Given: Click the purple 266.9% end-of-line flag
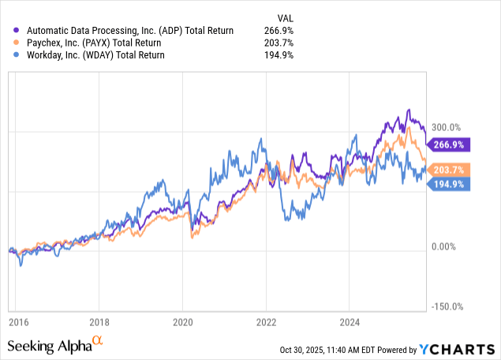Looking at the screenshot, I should pos(450,144).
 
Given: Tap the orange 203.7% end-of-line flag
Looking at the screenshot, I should pos(450,169).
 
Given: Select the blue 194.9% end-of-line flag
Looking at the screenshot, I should pos(450,184).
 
